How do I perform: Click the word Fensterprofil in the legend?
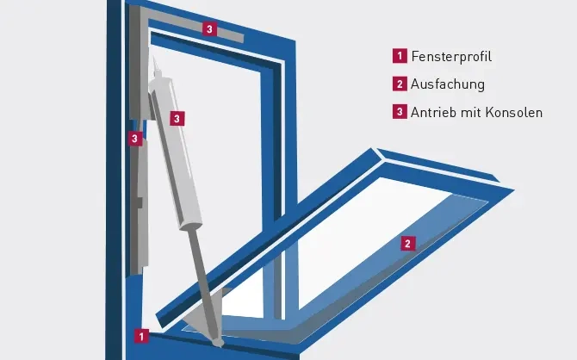coord(451,56)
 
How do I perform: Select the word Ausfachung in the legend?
coord(448,84)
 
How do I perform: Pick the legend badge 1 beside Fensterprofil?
coord(400,56)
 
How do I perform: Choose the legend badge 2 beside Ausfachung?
coord(400,84)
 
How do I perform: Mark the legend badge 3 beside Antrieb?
coord(400,112)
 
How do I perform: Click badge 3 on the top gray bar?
coord(209,28)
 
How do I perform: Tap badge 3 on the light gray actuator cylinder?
coord(177,119)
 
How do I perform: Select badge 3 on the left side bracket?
coord(135,139)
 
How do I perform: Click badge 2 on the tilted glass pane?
coord(407,244)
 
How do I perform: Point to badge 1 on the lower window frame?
coord(141,336)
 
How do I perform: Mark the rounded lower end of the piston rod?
coord(218,342)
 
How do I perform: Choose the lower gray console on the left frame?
coord(140,206)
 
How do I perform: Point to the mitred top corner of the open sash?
coord(376,152)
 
